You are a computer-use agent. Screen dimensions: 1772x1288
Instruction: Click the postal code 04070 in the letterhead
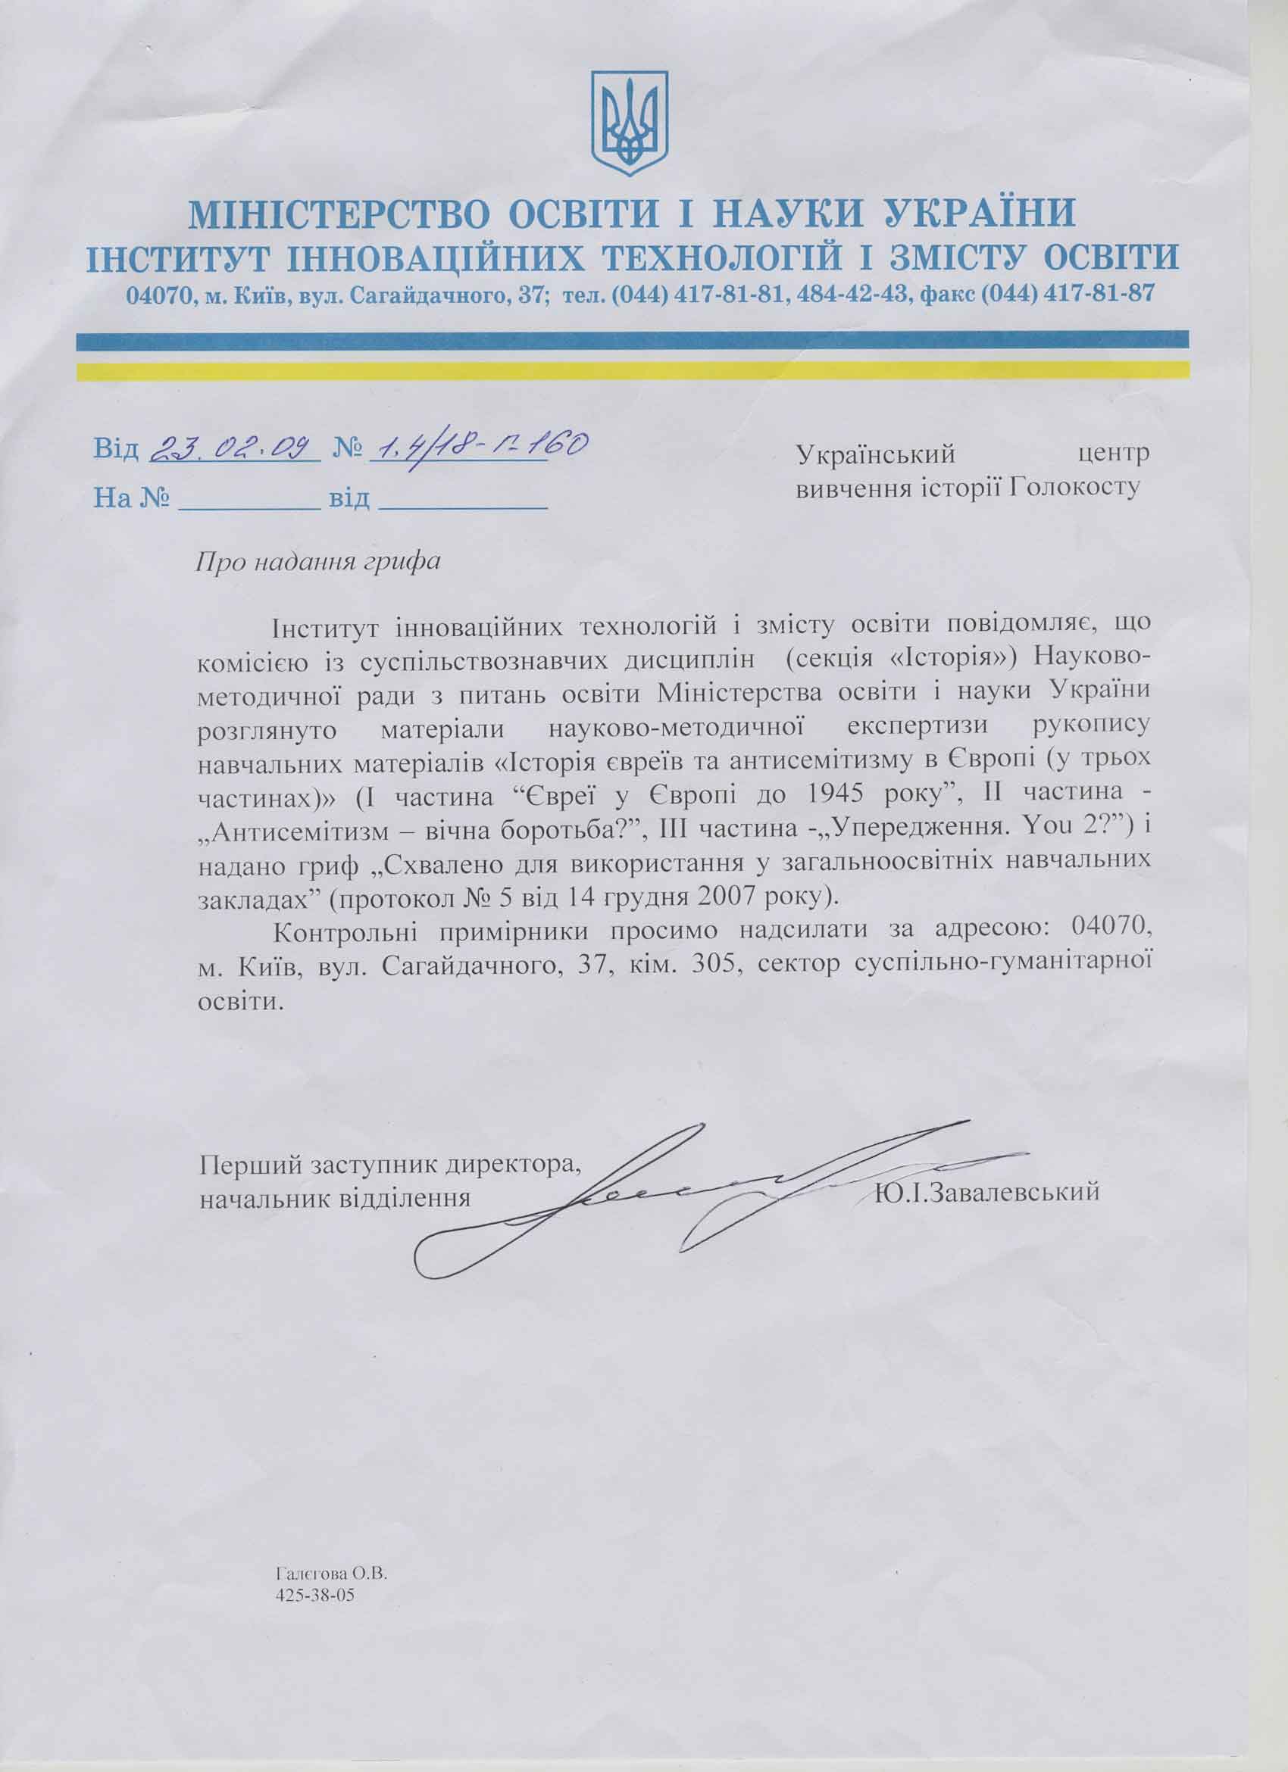point(157,295)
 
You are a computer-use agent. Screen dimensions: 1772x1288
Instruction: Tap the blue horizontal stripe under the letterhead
point(631,340)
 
